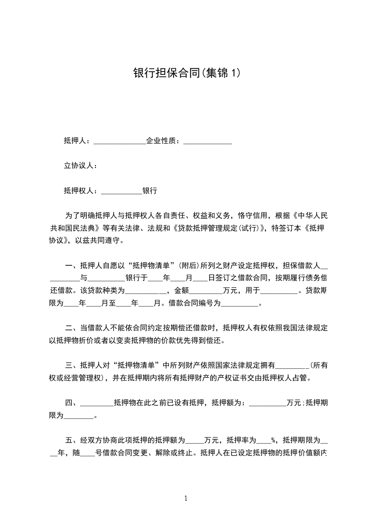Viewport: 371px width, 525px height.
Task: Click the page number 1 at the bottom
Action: tap(186, 499)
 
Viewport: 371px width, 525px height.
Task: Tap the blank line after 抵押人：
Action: tap(120, 142)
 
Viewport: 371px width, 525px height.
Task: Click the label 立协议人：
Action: tap(80, 166)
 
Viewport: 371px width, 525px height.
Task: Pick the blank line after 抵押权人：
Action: tap(121, 192)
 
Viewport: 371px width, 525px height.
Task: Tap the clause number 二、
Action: tap(72, 328)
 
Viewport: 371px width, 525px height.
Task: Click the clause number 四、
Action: tap(72, 402)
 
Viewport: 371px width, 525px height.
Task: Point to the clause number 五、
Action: tap(72, 440)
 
